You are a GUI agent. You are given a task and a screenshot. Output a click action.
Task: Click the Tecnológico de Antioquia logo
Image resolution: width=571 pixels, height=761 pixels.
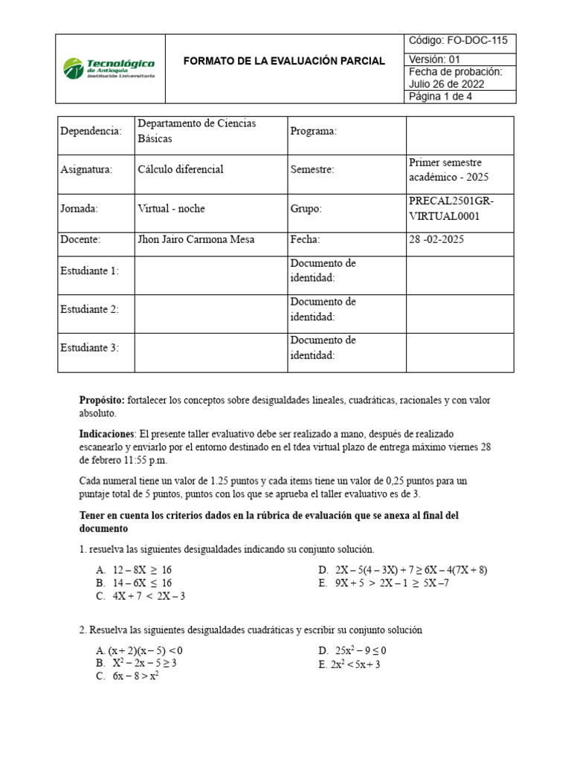click(x=109, y=68)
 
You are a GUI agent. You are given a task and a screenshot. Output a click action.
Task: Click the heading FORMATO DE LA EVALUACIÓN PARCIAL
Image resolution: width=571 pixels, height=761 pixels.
click(x=284, y=61)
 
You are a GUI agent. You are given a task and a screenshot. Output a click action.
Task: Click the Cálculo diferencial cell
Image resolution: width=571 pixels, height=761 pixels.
click(x=181, y=169)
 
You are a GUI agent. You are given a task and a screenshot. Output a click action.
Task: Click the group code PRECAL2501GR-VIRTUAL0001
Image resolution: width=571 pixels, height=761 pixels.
click(x=451, y=209)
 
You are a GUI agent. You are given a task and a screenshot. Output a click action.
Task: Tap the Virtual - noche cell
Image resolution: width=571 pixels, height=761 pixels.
click(x=171, y=209)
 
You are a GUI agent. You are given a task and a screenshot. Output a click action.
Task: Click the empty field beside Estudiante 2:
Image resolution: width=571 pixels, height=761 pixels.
click(x=210, y=309)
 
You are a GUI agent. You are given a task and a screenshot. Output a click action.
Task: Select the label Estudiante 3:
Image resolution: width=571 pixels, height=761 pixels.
click(x=89, y=347)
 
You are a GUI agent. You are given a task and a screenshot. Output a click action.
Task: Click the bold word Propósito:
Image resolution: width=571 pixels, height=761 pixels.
click(x=103, y=401)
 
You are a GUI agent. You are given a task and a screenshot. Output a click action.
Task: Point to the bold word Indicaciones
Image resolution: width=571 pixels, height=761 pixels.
click(x=107, y=433)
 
